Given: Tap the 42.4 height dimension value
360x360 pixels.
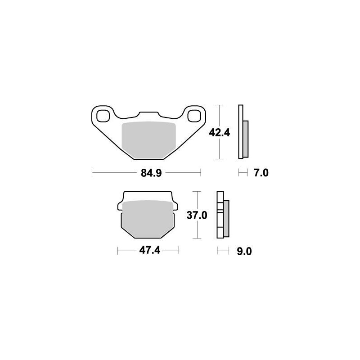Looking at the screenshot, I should (x=220, y=133).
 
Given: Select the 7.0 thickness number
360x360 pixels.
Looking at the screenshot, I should (x=261, y=173).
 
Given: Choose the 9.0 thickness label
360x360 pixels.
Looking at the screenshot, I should (x=243, y=251).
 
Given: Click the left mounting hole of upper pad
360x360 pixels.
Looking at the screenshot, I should (x=103, y=115).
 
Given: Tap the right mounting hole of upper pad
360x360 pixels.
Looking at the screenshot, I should (x=195, y=115).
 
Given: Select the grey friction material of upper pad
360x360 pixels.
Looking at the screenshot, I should (x=148, y=139).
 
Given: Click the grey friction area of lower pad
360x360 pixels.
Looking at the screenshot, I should (x=148, y=218).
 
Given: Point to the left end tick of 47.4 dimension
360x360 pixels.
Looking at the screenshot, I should (x=117, y=251).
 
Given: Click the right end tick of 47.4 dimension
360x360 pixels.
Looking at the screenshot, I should (x=179, y=251).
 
